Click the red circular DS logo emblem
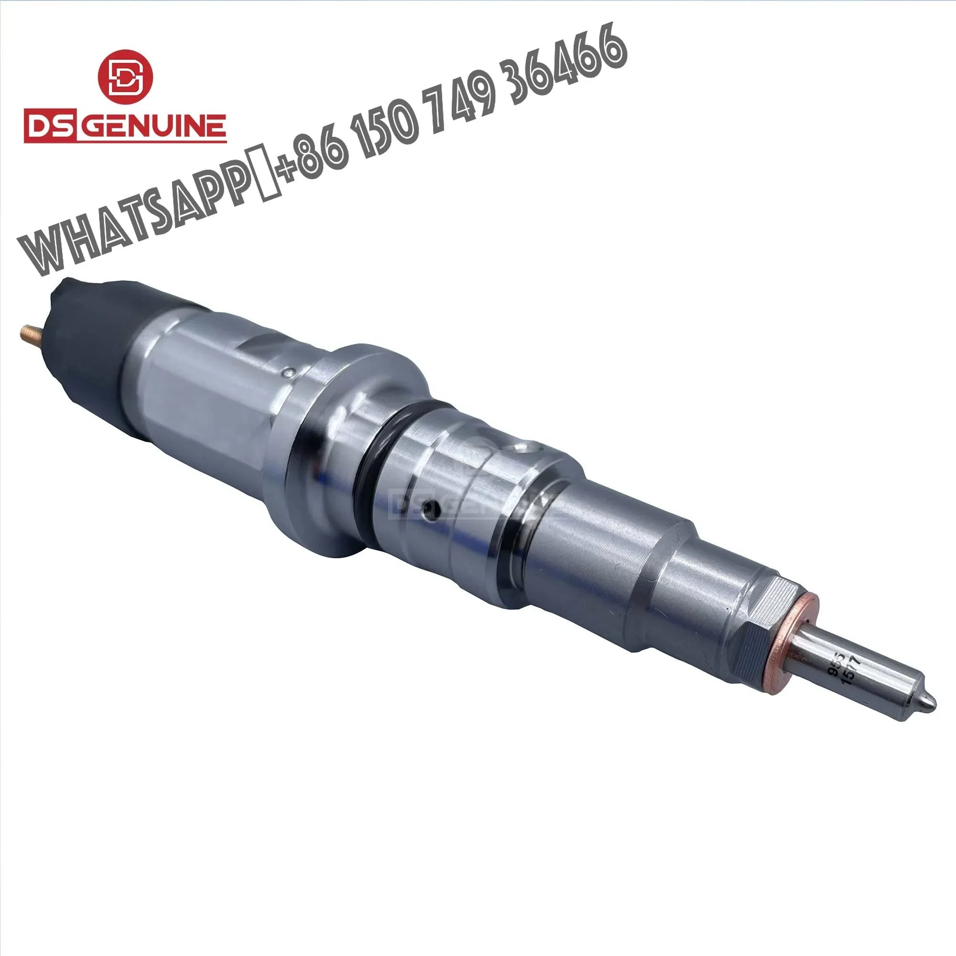click(x=125, y=77)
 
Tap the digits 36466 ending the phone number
click(x=569, y=59)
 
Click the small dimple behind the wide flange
click(x=292, y=371)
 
